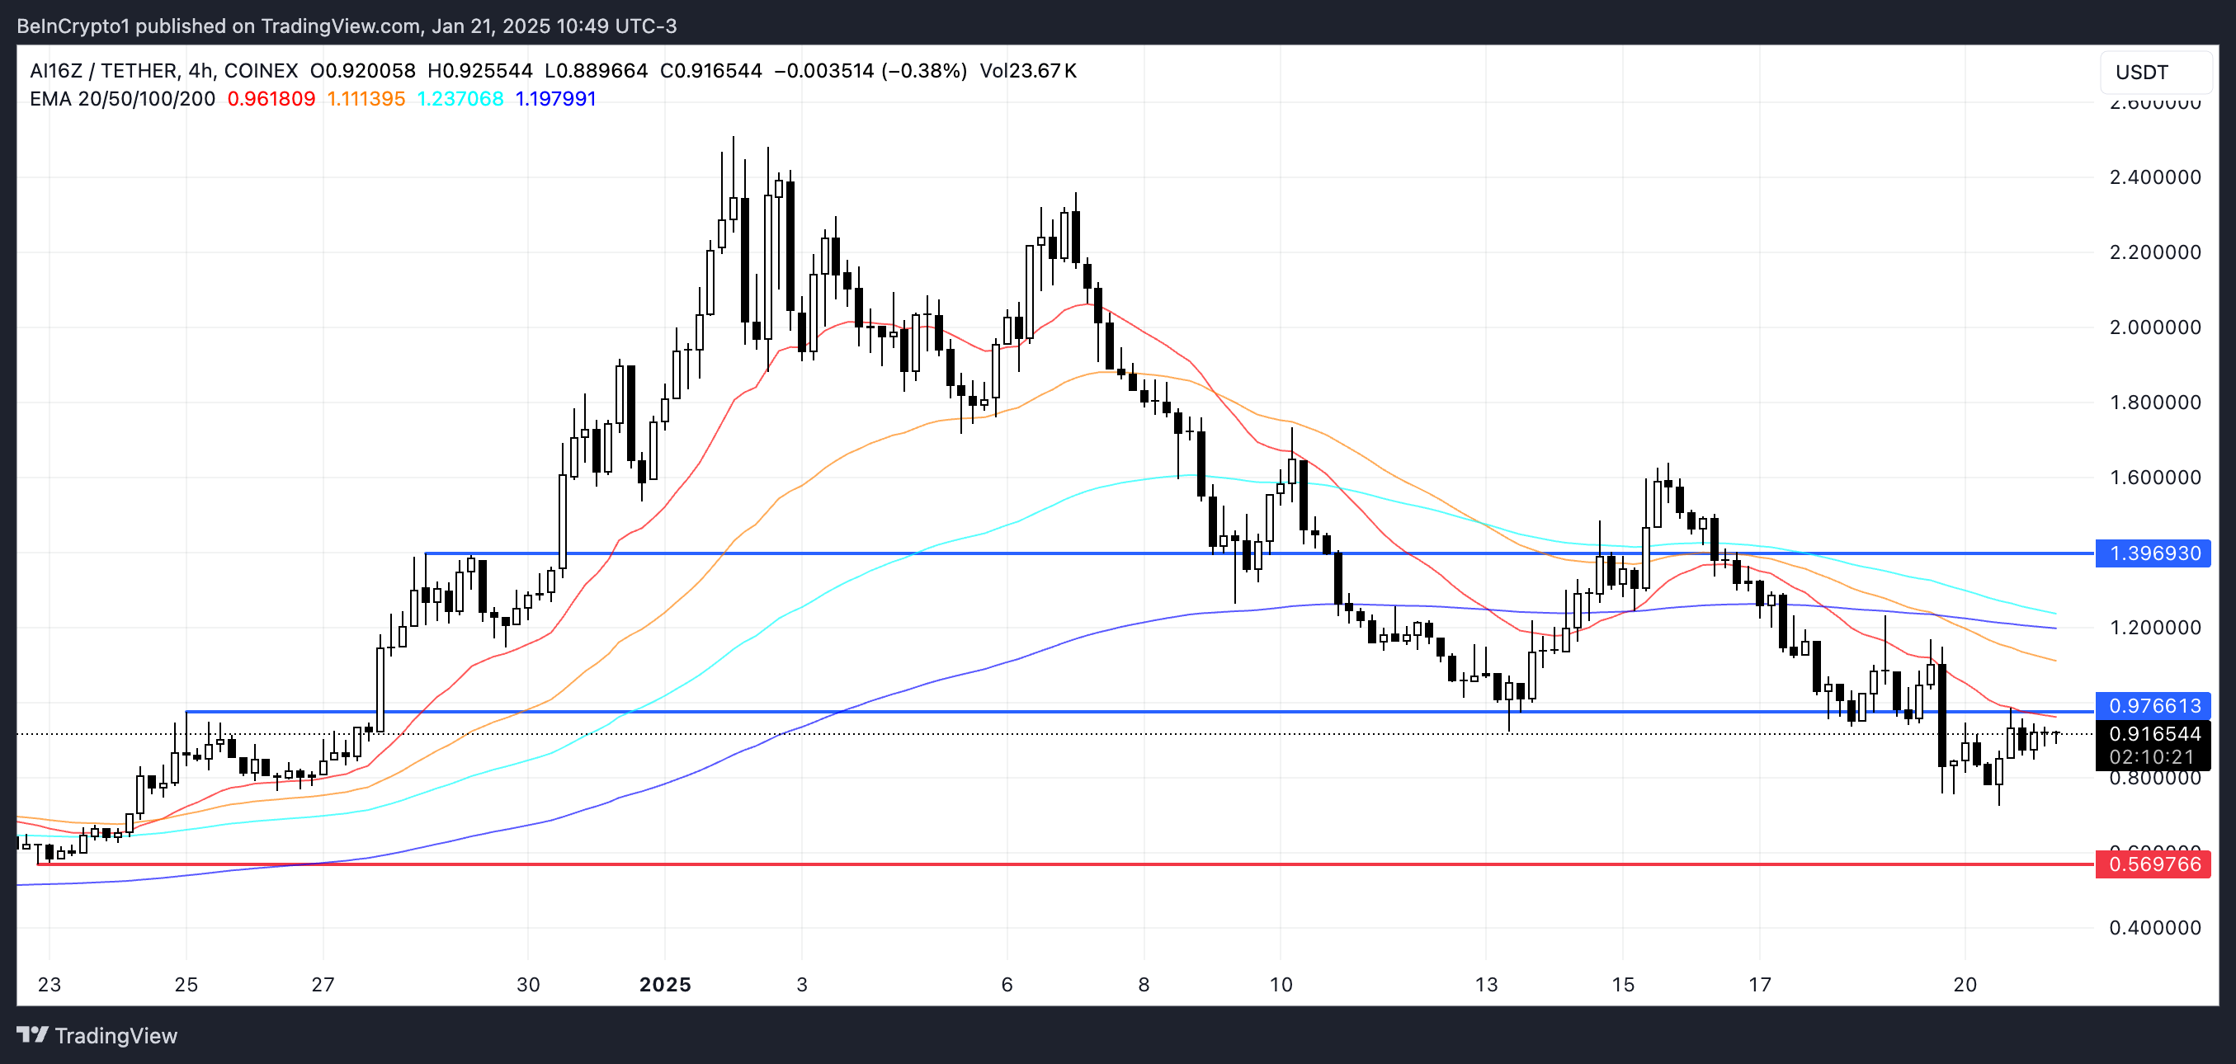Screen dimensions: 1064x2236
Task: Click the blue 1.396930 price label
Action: click(x=2154, y=553)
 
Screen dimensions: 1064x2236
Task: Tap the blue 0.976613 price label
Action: click(x=2154, y=705)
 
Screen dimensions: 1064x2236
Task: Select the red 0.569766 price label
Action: click(x=2154, y=864)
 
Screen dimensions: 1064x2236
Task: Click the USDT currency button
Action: click(x=2141, y=72)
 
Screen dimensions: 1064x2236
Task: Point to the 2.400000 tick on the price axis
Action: click(x=2154, y=177)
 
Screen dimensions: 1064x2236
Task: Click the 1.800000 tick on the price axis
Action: click(x=2154, y=403)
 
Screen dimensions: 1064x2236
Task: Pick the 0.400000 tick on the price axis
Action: click(x=2154, y=928)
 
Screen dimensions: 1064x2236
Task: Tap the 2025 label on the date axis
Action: click(x=665, y=985)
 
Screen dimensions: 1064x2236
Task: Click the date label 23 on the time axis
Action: click(x=50, y=985)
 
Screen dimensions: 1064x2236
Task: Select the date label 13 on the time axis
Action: click(x=1486, y=985)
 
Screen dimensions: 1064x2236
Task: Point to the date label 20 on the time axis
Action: click(x=1965, y=985)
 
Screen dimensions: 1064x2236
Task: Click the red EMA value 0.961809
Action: click(x=271, y=99)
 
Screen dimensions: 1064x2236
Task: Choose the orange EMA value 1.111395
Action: click(x=366, y=99)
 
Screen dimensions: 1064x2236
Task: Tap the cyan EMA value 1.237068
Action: click(x=460, y=99)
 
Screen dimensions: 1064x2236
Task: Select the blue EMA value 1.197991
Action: click(x=555, y=99)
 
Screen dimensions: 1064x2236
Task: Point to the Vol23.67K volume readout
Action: click(x=1028, y=71)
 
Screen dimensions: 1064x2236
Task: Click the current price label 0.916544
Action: click(x=2154, y=734)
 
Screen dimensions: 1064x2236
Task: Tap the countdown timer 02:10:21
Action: click(x=2152, y=757)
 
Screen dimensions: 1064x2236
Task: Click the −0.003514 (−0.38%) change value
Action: click(x=870, y=71)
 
